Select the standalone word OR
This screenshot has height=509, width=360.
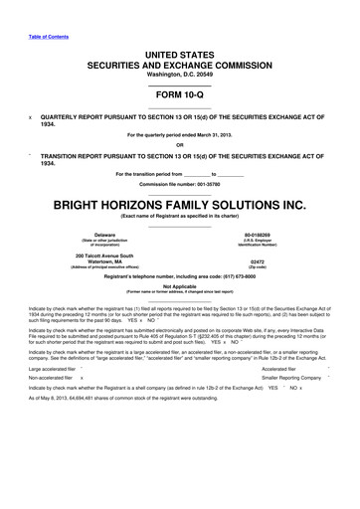point(180,146)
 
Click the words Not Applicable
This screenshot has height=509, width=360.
point(180,284)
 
